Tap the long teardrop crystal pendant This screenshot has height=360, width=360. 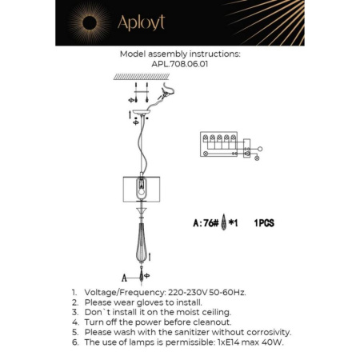tap(142, 244)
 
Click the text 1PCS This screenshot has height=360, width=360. tap(263, 223)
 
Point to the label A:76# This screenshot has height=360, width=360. tap(206, 223)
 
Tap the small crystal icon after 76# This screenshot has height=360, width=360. tap(224, 223)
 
